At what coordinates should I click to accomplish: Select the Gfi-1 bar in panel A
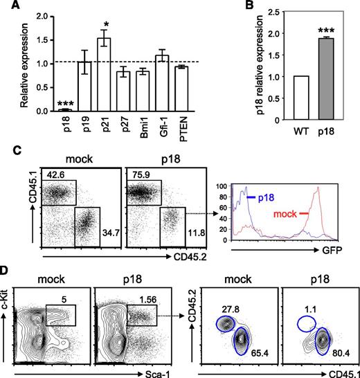[x=163, y=84]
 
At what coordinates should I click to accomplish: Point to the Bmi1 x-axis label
[x=143, y=129]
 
